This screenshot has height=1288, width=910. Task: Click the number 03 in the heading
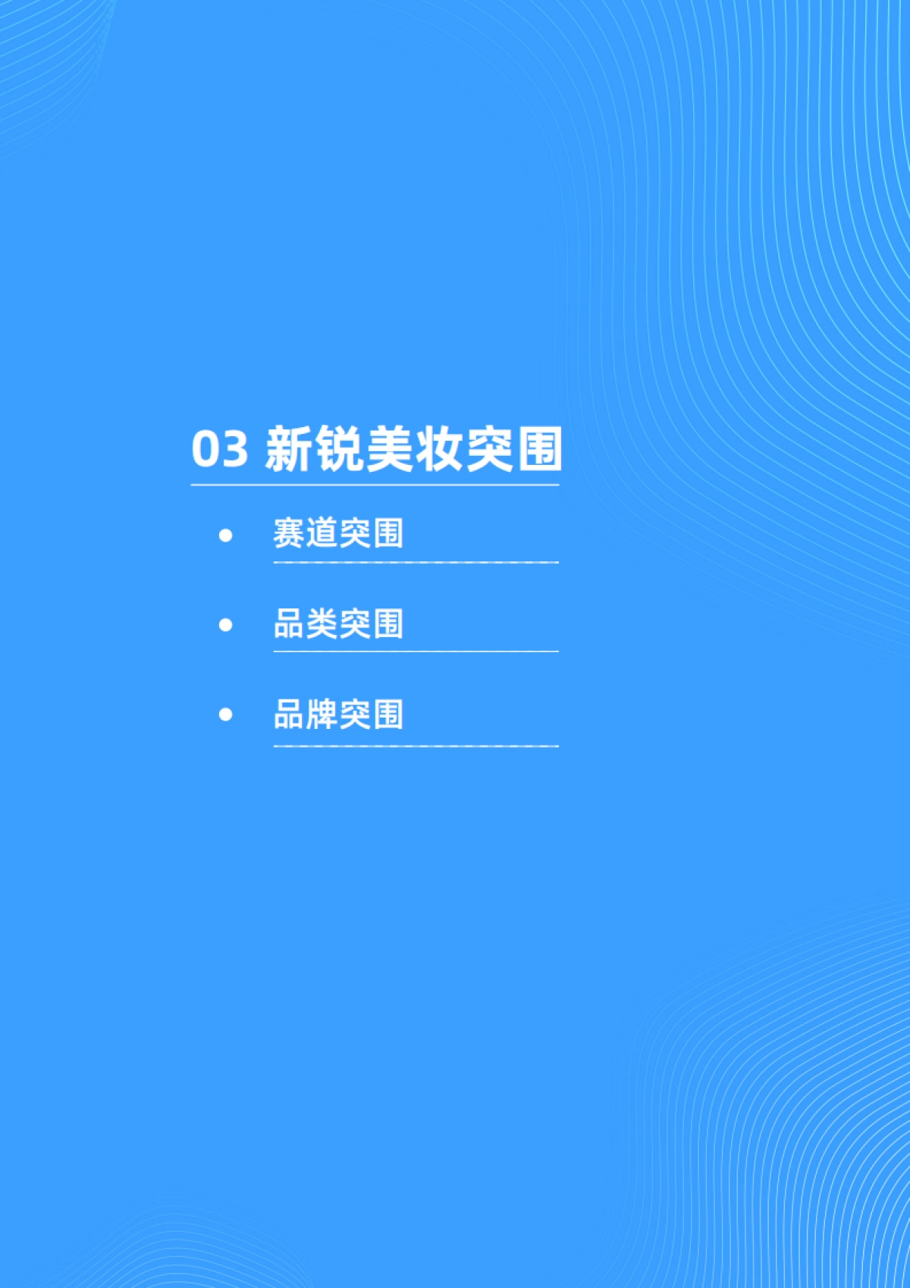click(219, 448)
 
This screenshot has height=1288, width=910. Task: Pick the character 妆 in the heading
click(438, 448)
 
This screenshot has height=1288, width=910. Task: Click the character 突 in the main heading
click(488, 448)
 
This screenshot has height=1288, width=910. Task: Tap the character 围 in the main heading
click(538, 448)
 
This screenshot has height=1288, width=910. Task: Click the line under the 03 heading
click(375, 485)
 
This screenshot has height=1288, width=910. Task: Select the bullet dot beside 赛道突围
click(225, 536)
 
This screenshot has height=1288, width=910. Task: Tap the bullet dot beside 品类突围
click(225, 625)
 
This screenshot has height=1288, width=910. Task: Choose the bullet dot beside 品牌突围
click(225, 715)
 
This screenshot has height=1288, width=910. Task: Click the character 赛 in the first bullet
click(289, 533)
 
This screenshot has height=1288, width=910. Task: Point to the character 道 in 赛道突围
click(322, 533)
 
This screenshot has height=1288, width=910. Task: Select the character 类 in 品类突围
click(322, 624)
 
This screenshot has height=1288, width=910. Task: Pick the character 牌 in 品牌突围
click(322, 715)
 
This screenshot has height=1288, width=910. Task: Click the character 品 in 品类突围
click(289, 624)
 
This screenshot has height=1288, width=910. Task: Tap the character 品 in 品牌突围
click(289, 715)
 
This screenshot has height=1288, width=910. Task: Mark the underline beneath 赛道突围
click(416, 563)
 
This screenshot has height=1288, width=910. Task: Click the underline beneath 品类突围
click(416, 652)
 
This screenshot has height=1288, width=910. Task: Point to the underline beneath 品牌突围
click(416, 746)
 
